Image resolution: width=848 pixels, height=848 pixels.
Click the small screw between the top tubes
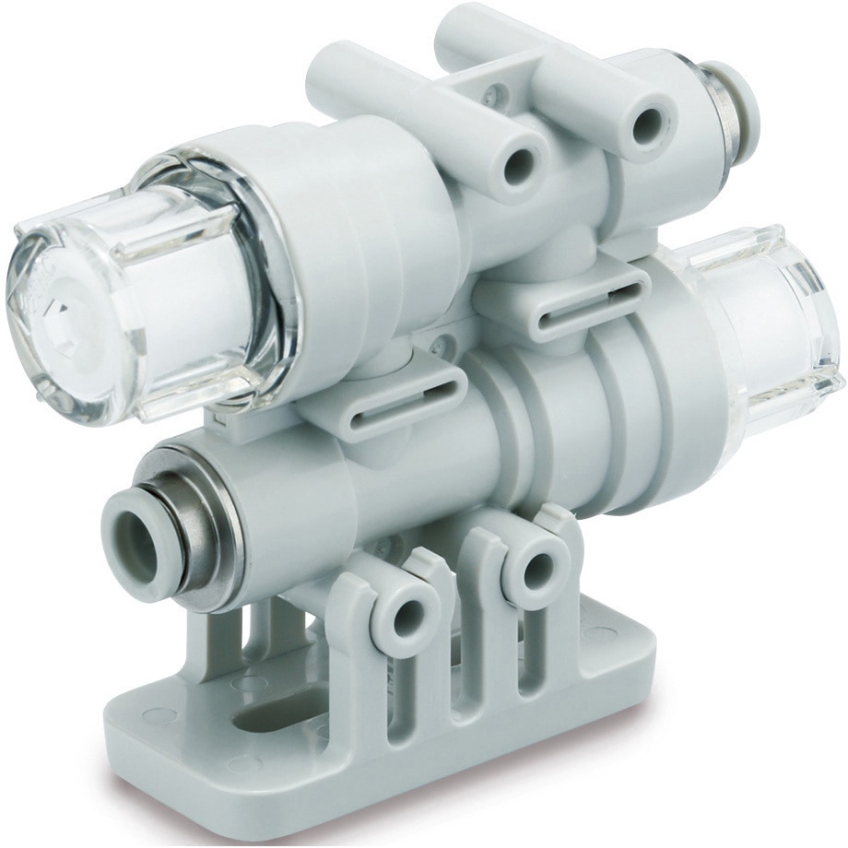[x=499, y=92]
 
